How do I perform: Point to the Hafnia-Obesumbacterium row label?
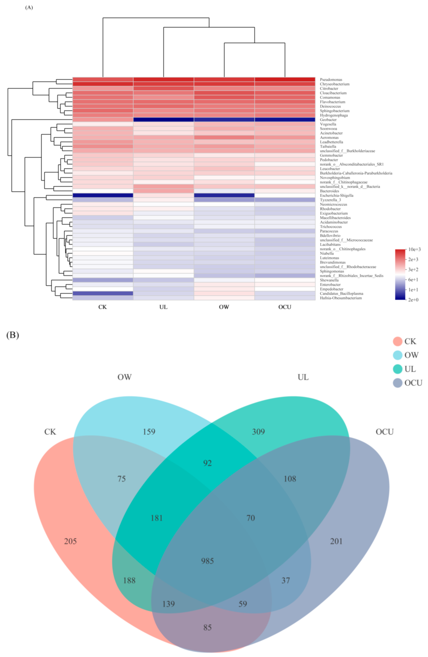(341, 298)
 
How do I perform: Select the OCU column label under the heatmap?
(284, 307)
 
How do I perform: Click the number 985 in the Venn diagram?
(207, 561)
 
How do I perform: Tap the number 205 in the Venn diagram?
(70, 541)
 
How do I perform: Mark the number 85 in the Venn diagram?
(207, 627)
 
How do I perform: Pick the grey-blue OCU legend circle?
(397, 383)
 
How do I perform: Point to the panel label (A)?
(29, 8)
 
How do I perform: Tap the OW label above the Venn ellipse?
(124, 377)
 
